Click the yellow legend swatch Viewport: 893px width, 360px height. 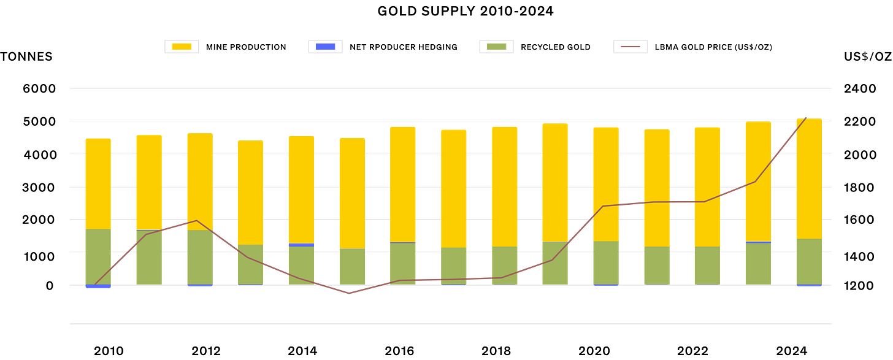182,47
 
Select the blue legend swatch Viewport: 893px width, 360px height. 325,47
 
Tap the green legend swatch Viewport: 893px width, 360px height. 496,47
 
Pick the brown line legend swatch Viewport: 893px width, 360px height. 630,47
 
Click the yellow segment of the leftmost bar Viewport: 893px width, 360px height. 98,183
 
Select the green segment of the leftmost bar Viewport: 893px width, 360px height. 98,256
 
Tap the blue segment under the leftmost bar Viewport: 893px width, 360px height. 98,286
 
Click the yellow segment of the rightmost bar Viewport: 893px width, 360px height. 809,178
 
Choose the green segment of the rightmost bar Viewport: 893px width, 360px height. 809,261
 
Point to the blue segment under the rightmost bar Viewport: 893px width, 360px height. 809,286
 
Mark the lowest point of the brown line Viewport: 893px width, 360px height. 350,294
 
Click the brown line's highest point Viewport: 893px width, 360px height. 807,116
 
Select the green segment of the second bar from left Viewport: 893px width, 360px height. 149,257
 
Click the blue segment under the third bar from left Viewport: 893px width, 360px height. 200,286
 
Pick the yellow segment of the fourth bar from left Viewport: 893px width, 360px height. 250,191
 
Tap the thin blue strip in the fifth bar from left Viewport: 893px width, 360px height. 301,245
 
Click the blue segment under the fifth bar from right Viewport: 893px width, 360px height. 606,286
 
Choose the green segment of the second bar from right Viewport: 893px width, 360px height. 758,263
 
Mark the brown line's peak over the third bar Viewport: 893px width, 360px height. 196,220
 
